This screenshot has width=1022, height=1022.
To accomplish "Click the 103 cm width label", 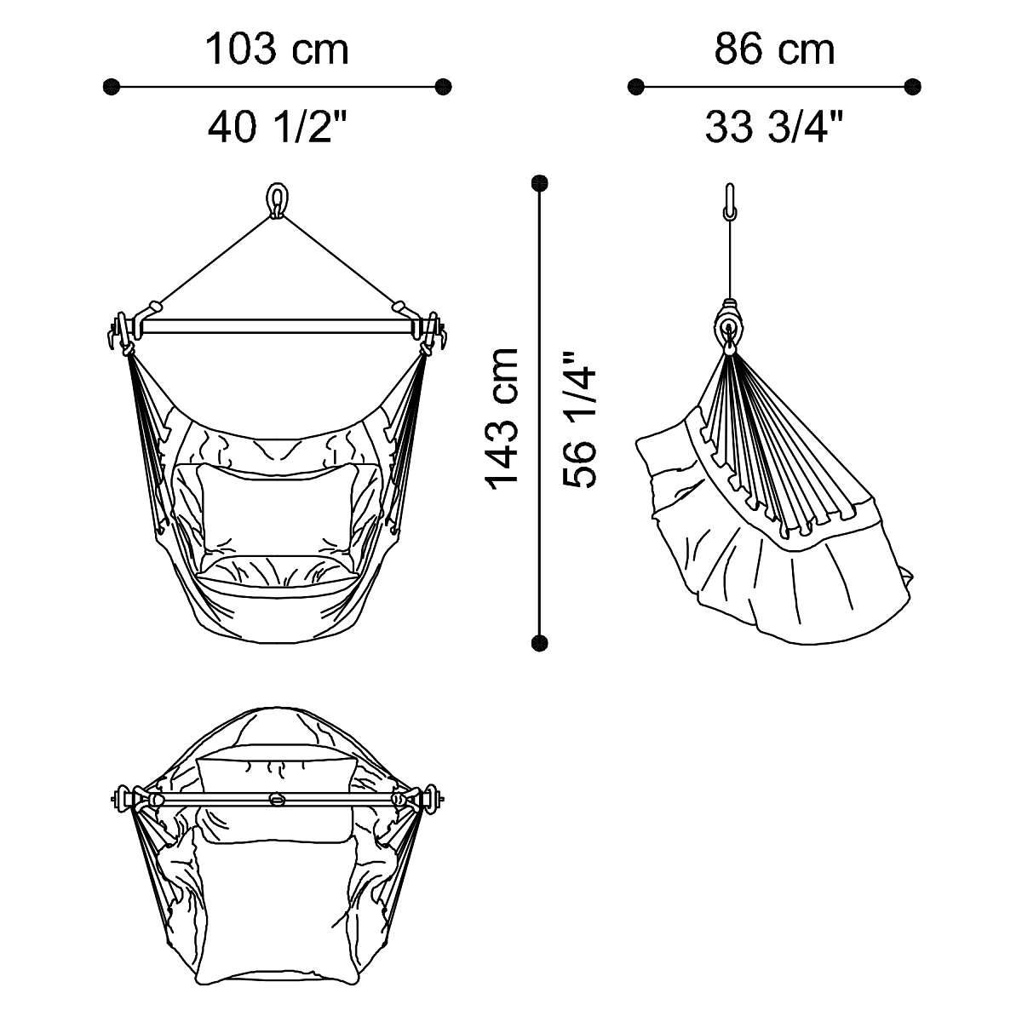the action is coord(277,50).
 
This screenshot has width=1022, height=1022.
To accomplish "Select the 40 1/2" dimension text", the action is coord(277,127).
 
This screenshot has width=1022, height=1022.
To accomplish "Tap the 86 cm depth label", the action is coord(774,50).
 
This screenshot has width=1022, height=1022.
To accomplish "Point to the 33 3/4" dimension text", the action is coord(774,127).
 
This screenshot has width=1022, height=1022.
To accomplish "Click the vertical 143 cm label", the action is coord(501,418).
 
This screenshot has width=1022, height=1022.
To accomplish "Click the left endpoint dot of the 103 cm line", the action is coord(112,87).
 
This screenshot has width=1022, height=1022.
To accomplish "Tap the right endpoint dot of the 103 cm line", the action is coord(443,87).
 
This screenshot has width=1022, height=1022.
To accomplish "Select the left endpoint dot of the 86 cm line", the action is coord(635,87).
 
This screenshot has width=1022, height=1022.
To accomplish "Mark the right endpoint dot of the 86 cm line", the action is coord(912,87).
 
